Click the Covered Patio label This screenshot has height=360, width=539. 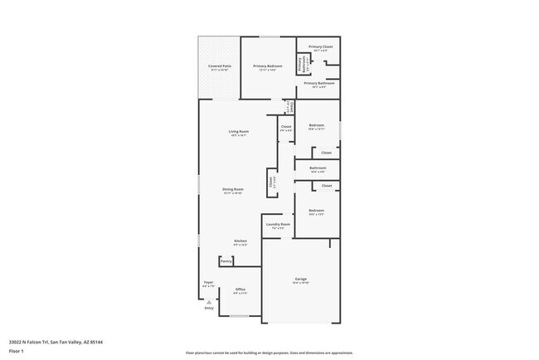pyautogui.click(x=219, y=66)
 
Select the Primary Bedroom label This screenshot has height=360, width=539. pyautogui.click(x=268, y=66)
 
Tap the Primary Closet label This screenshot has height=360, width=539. pyautogui.click(x=320, y=47)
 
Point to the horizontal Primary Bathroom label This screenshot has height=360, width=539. pyautogui.click(x=318, y=83)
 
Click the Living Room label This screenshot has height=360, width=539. pyautogui.click(x=239, y=132)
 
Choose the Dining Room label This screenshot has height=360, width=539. pyautogui.click(x=232, y=189)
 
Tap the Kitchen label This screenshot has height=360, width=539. pyautogui.click(x=240, y=241)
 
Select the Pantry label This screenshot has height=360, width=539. pyautogui.click(x=226, y=261)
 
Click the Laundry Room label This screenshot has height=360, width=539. pyautogui.click(x=278, y=224)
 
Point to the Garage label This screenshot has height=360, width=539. pyautogui.click(x=300, y=278)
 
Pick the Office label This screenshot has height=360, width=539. pyautogui.click(x=240, y=289)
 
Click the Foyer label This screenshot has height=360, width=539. pyautogui.click(x=209, y=283)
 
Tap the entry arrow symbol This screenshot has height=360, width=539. pyautogui.click(x=208, y=301)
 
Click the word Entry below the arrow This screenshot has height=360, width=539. pyautogui.click(x=209, y=309)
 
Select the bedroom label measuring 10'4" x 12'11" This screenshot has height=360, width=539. pyautogui.click(x=316, y=127)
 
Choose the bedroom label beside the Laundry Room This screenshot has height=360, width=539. pyautogui.click(x=316, y=211)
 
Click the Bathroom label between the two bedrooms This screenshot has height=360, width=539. pyautogui.click(x=318, y=168)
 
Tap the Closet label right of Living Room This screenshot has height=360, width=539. pyautogui.click(x=285, y=127)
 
